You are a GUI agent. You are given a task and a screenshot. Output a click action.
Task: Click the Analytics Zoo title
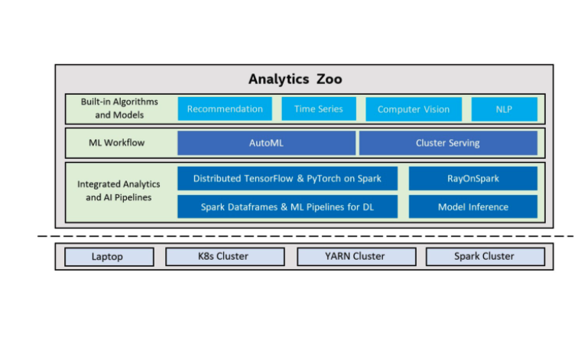tap(294, 79)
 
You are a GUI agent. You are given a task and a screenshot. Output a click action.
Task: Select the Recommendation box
tap(225, 109)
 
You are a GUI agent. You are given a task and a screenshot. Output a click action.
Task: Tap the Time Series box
tap(318, 109)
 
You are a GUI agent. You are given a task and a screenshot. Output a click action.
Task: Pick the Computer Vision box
tap(414, 109)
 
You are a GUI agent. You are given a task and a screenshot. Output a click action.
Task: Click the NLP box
tap(504, 109)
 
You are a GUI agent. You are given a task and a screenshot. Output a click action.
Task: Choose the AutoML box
tap(266, 143)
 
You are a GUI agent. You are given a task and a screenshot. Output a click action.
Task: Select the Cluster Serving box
tap(448, 143)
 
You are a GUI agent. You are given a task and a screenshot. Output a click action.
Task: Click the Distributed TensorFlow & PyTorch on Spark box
tap(287, 178)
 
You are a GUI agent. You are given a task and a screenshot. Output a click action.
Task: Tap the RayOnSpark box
tap(472, 178)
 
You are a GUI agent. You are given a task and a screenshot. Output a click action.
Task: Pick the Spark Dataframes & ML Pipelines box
tap(287, 206)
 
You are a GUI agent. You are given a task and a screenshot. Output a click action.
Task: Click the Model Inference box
tap(472, 206)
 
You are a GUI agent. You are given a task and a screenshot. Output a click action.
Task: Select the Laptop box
tap(107, 256)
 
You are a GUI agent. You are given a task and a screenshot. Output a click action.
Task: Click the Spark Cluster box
tap(484, 256)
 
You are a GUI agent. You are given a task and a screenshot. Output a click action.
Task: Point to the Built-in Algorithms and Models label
tap(119, 109)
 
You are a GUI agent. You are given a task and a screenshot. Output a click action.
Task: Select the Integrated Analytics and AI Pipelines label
tap(119, 191)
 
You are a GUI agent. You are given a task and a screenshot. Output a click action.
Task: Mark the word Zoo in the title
tap(330, 79)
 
